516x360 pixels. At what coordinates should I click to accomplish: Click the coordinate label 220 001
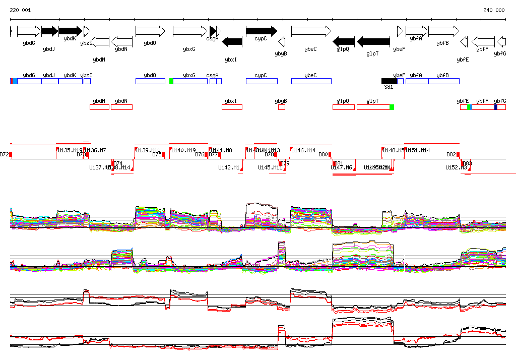[20, 10]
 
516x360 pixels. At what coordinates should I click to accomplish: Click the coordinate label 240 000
[494, 10]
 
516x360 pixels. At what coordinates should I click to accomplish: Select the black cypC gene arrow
[262, 31]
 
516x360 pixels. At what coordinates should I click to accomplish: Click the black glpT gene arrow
[373, 41]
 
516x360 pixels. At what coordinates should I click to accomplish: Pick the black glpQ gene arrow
[344, 41]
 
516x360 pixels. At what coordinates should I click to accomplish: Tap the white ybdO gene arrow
[150, 31]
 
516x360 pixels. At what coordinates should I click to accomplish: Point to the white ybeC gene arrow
[311, 31]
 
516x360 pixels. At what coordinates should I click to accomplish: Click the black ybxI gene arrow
[232, 41]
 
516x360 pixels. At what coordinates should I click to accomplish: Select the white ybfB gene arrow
[443, 31]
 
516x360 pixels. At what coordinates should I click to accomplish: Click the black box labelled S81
[389, 81]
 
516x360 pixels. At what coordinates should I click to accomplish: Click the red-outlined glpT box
[373, 107]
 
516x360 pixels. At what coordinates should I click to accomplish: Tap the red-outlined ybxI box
[232, 107]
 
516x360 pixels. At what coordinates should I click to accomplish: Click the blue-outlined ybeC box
[311, 81]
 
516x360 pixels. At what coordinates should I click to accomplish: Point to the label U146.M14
[304, 150]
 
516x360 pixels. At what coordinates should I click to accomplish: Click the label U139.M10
[149, 150]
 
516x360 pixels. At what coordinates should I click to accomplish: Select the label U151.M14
[418, 150]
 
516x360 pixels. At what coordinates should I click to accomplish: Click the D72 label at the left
[5, 154]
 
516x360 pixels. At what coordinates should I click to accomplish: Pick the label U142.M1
[228, 167]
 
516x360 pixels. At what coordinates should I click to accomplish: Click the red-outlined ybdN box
[121, 107]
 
